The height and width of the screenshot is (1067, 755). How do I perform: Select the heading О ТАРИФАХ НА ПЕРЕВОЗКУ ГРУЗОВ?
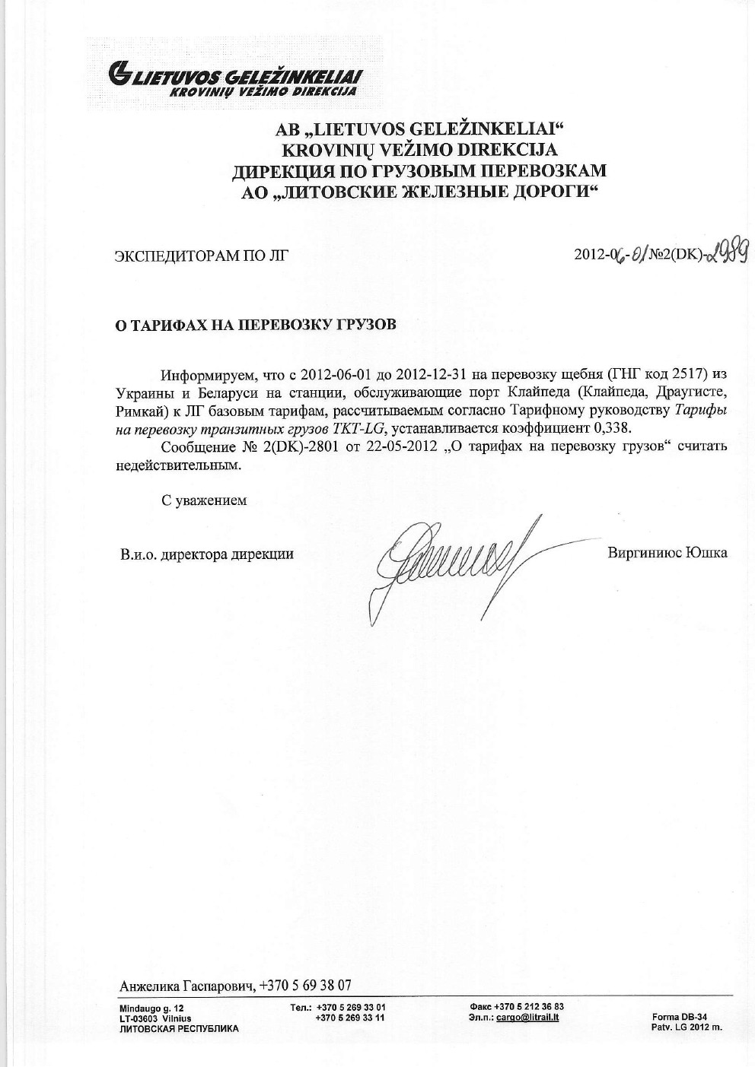pyautogui.click(x=255, y=325)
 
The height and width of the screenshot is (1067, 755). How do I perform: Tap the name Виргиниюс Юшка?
pyautogui.click(x=667, y=553)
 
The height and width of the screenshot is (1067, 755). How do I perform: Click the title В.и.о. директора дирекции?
pyautogui.click(x=206, y=554)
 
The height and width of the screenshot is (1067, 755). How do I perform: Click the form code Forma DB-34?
pyautogui.click(x=680, y=1017)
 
